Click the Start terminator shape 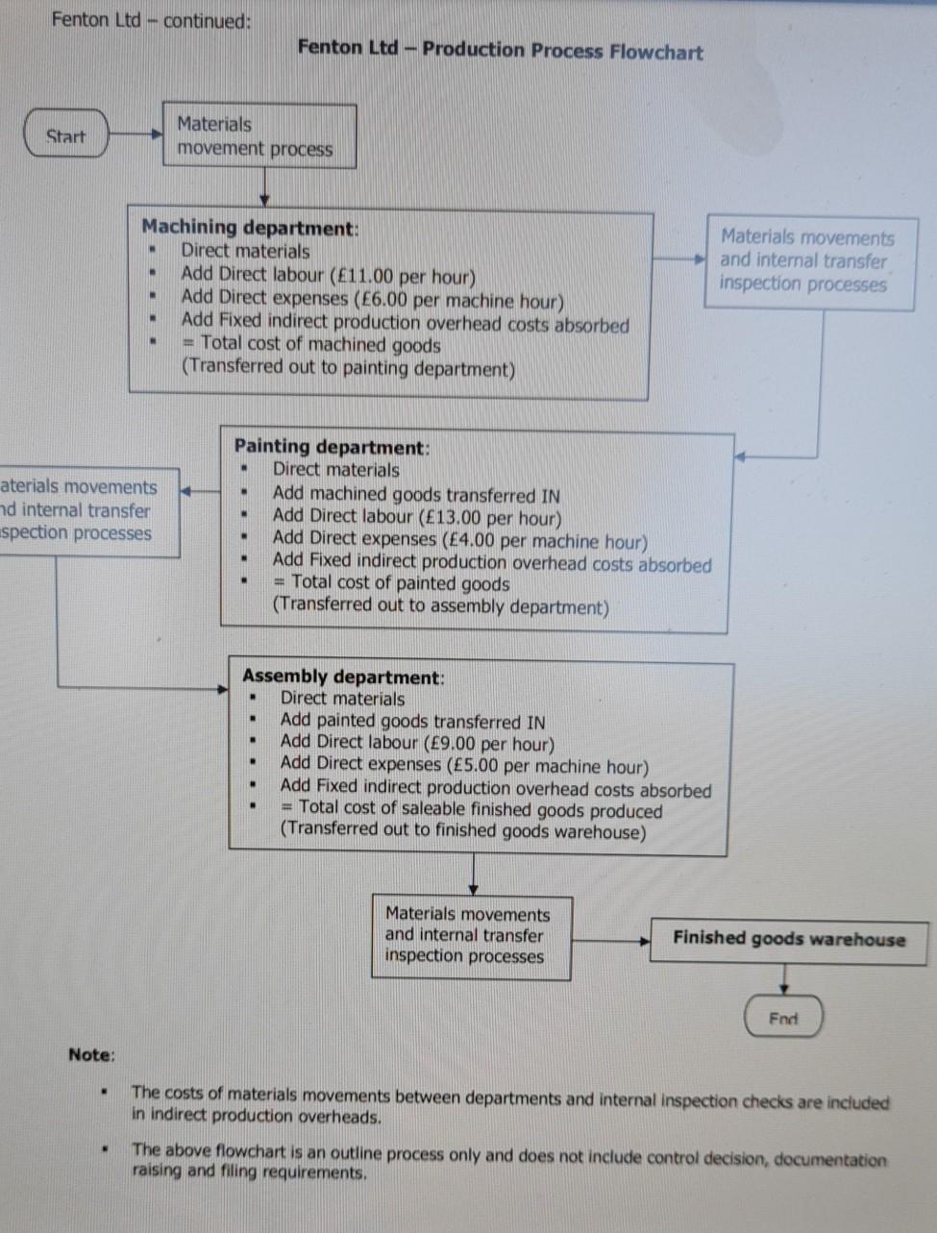(x=65, y=136)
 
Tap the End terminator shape (x=783, y=1018)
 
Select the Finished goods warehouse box (x=788, y=939)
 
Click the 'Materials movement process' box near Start (x=259, y=136)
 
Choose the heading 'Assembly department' (x=341, y=677)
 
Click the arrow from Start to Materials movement (x=136, y=135)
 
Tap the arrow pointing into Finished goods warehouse (x=611, y=940)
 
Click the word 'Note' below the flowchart (x=90, y=1054)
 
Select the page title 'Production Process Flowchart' (x=562, y=51)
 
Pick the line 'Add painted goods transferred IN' (x=412, y=722)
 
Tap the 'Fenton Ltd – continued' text (x=150, y=20)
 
